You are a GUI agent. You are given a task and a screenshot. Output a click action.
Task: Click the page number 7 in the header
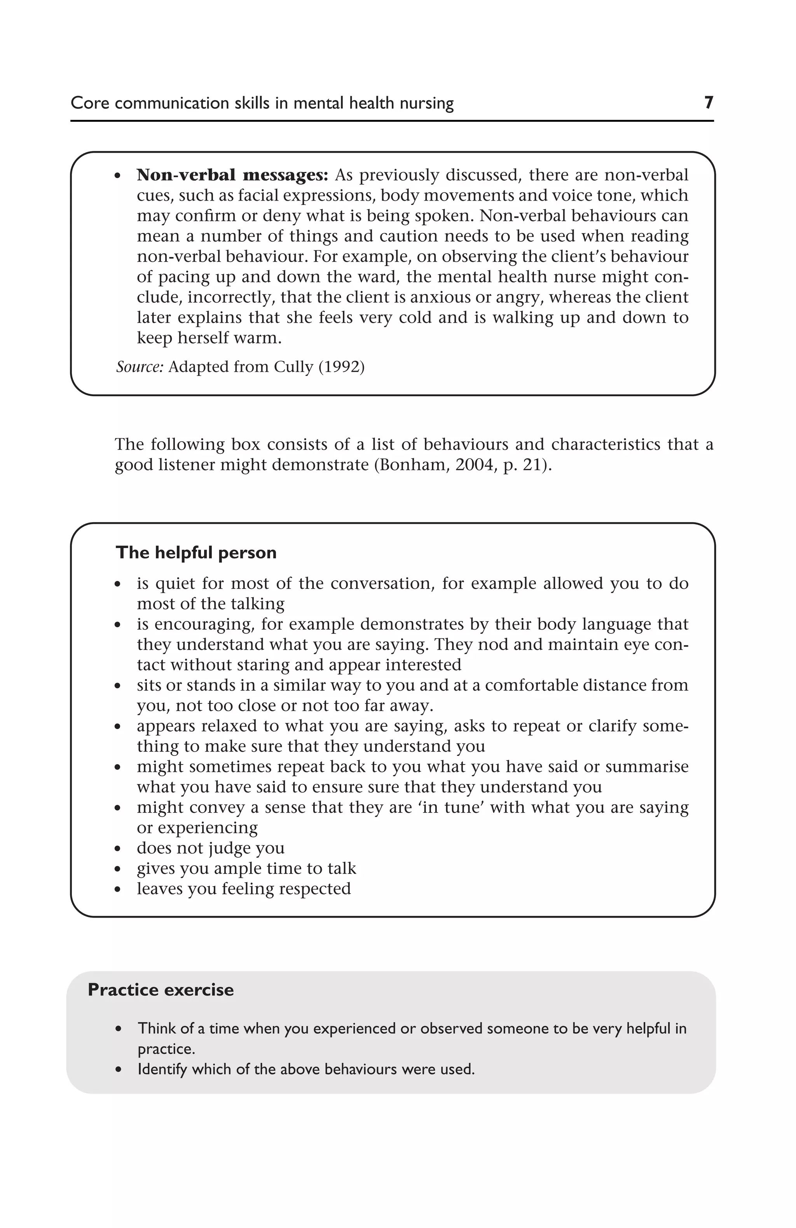[708, 103]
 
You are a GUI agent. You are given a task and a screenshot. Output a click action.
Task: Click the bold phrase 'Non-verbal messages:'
[232, 175]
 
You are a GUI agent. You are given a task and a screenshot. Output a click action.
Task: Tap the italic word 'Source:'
[139, 367]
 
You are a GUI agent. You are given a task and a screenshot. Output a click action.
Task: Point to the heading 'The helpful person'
[196, 553]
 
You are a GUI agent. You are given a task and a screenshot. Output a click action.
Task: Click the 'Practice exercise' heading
[161, 990]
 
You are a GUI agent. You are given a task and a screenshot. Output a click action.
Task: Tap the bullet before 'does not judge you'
[118, 849]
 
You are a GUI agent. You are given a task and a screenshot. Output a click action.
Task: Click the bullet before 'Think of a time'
[119, 1029]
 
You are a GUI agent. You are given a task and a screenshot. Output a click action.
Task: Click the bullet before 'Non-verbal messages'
[118, 176]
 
